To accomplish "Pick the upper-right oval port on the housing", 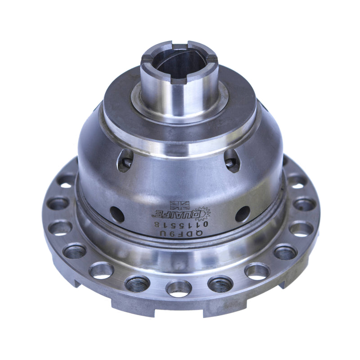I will pos(232,161).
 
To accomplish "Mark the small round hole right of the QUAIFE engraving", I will pos(243,214).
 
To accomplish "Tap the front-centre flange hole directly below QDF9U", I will pos(179,288).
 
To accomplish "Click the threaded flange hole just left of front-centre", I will pos(137,283).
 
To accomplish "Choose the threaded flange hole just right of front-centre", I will pos(220,283).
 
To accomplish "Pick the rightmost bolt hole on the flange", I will pos(304,205).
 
